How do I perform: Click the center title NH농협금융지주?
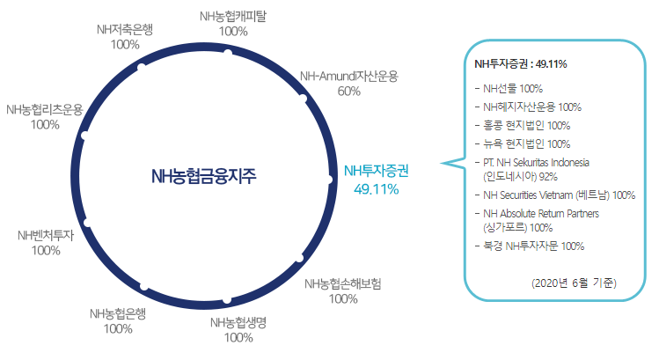[x=203, y=175]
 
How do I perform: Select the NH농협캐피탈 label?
[x=233, y=16]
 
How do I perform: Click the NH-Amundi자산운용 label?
[x=349, y=76]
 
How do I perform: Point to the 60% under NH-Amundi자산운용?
[x=349, y=91]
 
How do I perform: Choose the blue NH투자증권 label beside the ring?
[x=376, y=171]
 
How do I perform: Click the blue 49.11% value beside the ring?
[x=376, y=188]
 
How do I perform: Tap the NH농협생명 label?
[x=238, y=322]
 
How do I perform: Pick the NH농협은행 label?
[x=117, y=314]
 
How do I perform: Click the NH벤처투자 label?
[x=45, y=235]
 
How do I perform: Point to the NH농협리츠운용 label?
[x=44, y=109]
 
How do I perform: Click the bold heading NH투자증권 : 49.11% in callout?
[x=520, y=64]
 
